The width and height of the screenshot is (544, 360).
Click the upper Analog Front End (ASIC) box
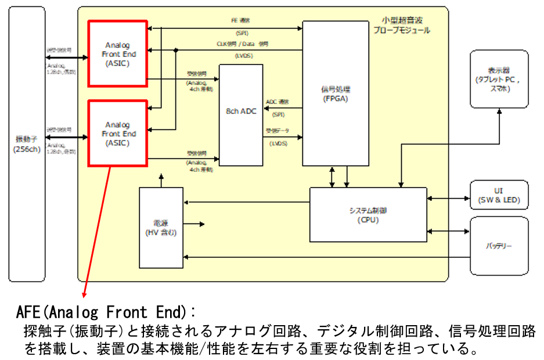pos(118,54)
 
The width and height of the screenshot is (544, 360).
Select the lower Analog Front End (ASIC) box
pos(118,133)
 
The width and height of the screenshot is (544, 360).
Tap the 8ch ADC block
pos(241,111)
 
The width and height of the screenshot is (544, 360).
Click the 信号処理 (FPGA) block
pos(336,94)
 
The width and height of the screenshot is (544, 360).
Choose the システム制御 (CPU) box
pos(368,214)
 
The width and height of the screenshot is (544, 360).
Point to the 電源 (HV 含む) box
pos(161,228)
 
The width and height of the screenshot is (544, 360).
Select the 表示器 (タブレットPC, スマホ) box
pos(499,79)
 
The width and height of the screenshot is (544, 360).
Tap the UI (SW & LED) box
pos(499,196)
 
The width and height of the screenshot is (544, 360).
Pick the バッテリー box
pos(499,246)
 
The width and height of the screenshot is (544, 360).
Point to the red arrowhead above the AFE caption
pos(85,294)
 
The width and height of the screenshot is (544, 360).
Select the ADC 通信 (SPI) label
pos(278,107)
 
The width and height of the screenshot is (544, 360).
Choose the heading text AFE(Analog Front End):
pos(107,312)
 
